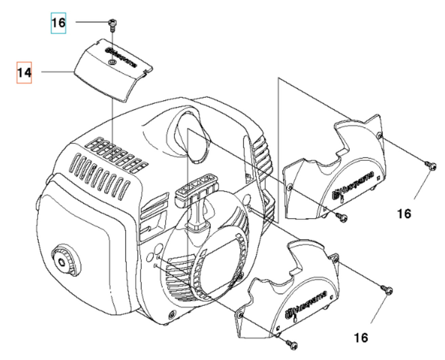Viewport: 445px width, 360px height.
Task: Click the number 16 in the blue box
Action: coord(58,23)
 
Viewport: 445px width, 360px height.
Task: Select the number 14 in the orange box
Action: coord(24,73)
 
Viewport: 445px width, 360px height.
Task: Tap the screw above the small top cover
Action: coord(111,24)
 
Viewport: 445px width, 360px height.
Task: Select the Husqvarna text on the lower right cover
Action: coord(306,304)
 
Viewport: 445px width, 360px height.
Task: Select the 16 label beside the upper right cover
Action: coord(404,214)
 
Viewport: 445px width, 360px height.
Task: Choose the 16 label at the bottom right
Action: coord(361,337)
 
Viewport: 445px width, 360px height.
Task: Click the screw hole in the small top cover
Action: coord(112,62)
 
